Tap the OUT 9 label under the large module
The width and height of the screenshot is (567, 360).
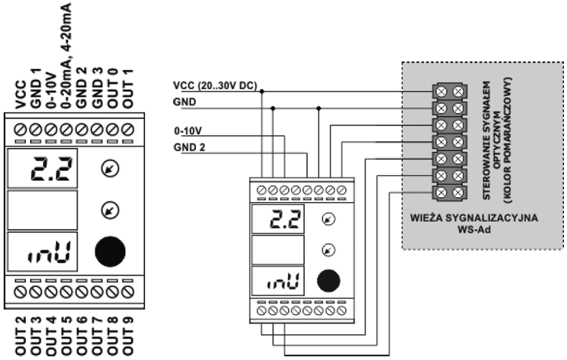point(129,337)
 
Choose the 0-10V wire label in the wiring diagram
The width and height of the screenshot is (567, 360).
point(186,132)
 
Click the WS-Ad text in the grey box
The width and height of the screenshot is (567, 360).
point(475,230)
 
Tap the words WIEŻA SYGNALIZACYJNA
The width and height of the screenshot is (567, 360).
point(475,219)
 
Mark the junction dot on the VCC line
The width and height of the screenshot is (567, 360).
point(263,91)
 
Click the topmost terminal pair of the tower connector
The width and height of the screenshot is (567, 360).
point(451,92)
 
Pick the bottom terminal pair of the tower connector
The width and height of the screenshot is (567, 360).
point(451,192)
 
